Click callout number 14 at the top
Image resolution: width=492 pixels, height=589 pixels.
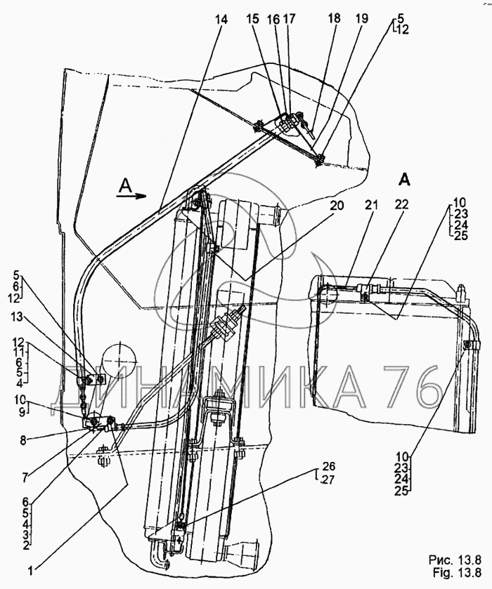tap(222, 20)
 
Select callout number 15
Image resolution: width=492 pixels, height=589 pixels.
tap(271, 20)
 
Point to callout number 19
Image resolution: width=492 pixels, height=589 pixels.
tap(361, 20)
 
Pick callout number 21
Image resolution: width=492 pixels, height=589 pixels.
tap(370, 205)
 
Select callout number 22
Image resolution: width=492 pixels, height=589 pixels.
tap(401, 205)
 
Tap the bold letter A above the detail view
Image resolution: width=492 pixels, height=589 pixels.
tap(404, 180)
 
